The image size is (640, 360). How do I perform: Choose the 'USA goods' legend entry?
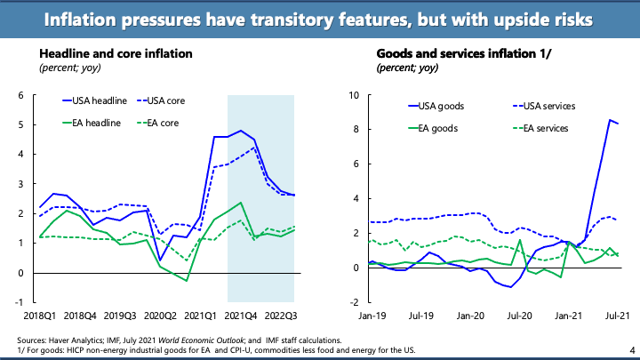(x=439, y=106)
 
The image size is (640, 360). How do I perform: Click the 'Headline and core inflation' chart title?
(x=115, y=53)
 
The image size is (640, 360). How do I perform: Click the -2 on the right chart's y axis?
(x=355, y=302)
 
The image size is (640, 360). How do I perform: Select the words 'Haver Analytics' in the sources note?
(x=76, y=340)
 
